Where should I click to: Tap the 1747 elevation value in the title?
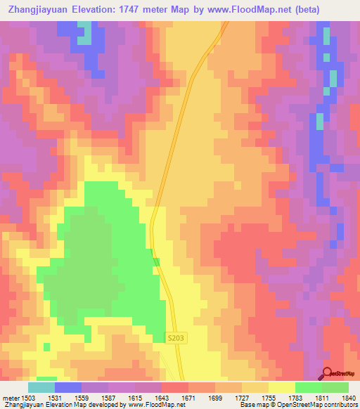(x=134, y=10)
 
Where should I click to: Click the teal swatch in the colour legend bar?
(x=41, y=387)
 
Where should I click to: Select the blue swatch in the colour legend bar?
(x=68, y=387)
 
